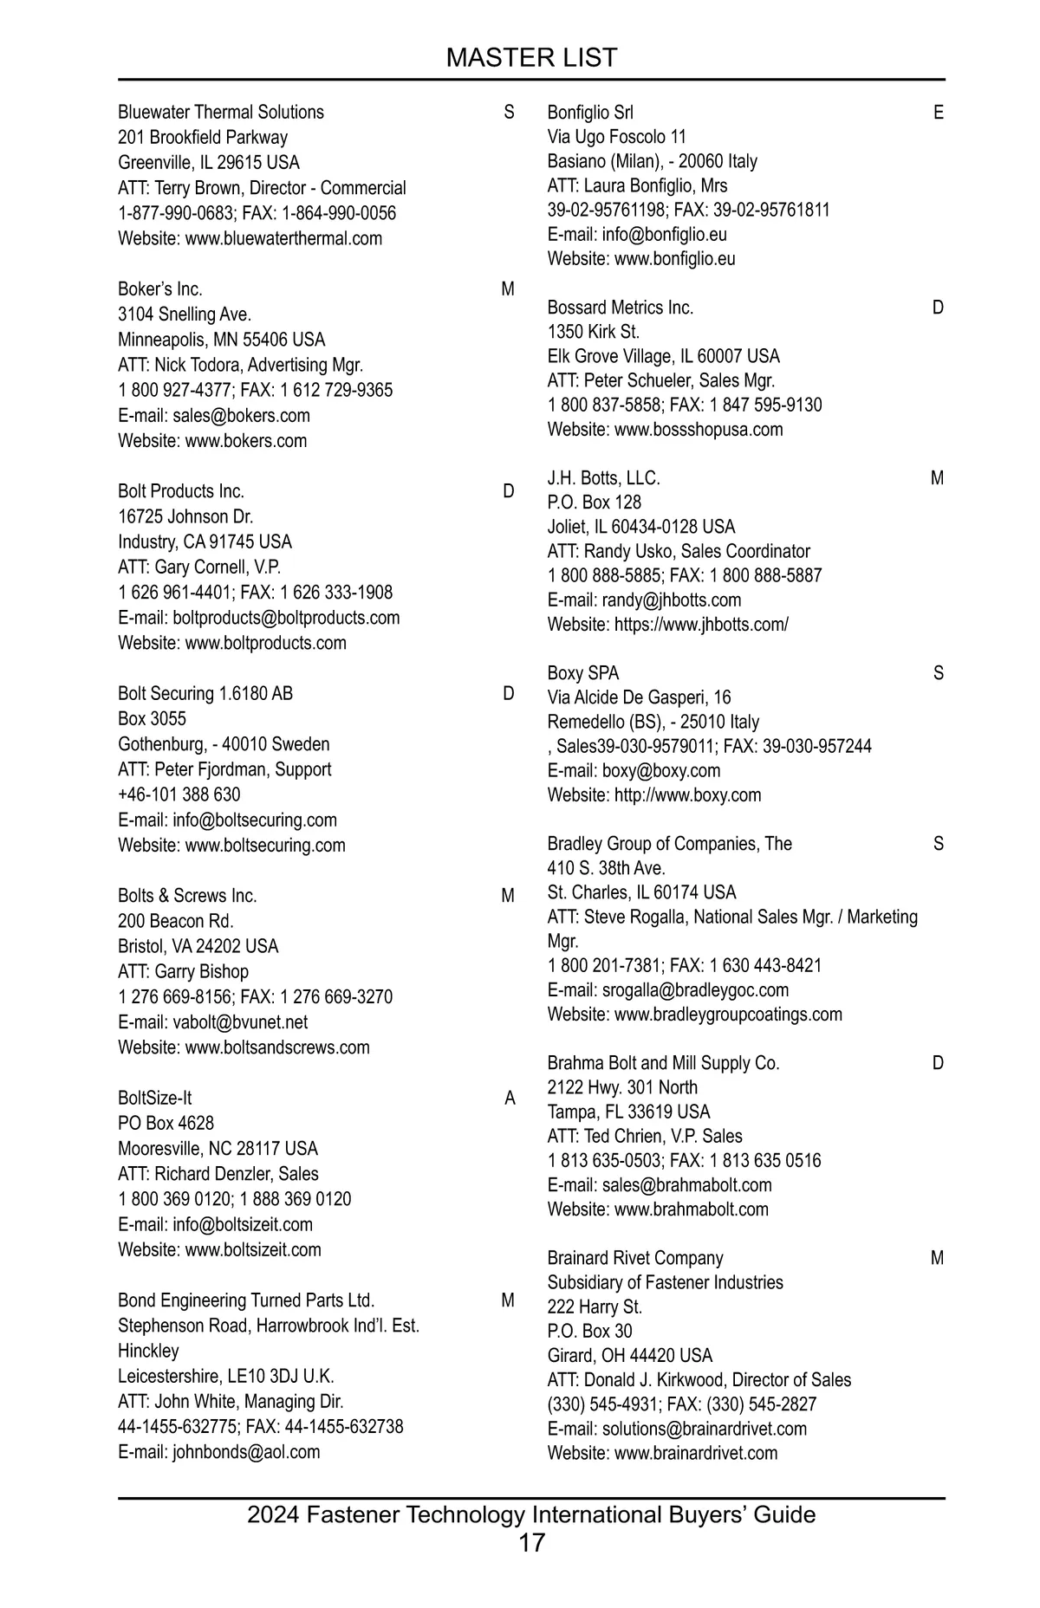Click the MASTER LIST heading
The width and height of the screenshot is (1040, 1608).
[x=531, y=58]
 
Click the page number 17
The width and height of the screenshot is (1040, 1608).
[x=531, y=1542]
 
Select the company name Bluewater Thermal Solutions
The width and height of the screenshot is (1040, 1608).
[x=221, y=112]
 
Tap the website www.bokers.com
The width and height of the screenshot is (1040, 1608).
[x=246, y=440]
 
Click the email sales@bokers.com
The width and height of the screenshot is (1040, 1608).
[x=241, y=415]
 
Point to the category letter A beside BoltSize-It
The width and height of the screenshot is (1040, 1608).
[x=510, y=1099]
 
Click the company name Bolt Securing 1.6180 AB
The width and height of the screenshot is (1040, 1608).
[x=205, y=693]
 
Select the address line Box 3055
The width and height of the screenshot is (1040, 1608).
[x=152, y=718]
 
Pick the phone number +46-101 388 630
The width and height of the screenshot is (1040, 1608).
[x=179, y=794]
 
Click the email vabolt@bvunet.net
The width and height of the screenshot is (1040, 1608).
[x=240, y=1021]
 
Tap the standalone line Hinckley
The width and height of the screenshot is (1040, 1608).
[x=148, y=1351]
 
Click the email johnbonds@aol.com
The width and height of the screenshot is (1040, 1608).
[x=246, y=1451]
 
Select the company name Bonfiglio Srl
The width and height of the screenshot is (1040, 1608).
[x=590, y=112]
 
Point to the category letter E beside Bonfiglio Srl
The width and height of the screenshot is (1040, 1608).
[x=939, y=113]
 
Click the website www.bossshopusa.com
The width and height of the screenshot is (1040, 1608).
[x=699, y=429]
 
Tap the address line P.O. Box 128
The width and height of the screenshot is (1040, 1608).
[x=595, y=502]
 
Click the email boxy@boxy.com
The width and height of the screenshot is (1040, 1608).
[x=661, y=770]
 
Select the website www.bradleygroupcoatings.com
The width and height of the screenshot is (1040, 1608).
[x=728, y=1014]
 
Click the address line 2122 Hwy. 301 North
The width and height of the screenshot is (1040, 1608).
[x=622, y=1087]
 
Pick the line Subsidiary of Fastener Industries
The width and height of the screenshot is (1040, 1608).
[x=665, y=1282]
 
